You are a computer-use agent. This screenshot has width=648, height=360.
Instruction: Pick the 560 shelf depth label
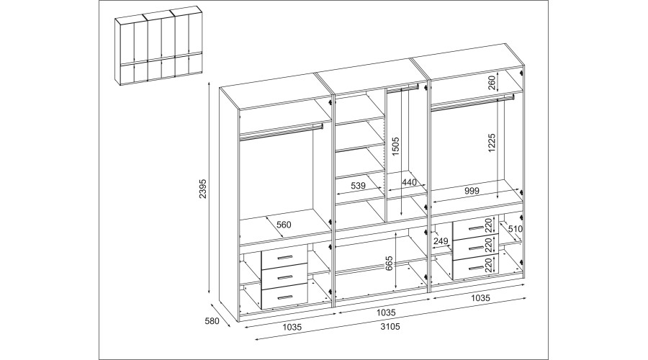pos(284,225)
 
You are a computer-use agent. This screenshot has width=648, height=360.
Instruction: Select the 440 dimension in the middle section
pos(410,184)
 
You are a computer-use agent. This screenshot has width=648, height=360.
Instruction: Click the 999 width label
pos(472,191)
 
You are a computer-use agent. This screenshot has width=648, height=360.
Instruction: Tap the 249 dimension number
pos(441,240)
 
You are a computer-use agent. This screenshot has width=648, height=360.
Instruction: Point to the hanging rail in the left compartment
pos(281,130)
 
